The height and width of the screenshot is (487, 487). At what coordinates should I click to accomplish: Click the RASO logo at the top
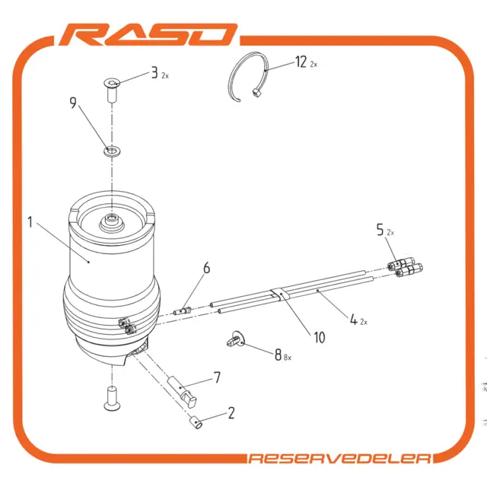(148, 34)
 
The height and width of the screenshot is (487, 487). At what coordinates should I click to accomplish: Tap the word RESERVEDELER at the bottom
(340, 458)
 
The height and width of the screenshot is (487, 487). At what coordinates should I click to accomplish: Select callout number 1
(30, 222)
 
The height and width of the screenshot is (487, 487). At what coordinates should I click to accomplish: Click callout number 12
(301, 62)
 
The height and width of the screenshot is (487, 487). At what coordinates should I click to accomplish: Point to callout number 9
(73, 103)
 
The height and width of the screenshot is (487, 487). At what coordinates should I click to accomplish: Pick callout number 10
(320, 338)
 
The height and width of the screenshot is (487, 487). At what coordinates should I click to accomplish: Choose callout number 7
(217, 377)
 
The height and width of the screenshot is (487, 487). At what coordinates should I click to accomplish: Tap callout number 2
(231, 413)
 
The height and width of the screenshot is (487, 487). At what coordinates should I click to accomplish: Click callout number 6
(206, 268)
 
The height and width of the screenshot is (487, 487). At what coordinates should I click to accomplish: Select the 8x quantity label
(288, 358)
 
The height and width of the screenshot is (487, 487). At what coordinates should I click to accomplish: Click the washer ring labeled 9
(112, 151)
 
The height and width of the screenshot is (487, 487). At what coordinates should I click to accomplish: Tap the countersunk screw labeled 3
(112, 90)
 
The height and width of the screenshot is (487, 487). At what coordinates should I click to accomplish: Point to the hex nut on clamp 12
(256, 93)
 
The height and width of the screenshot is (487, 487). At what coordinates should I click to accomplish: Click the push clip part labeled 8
(236, 339)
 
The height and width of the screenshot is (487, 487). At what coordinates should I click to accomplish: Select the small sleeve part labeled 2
(196, 423)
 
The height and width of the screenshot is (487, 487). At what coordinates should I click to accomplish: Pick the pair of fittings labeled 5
(405, 267)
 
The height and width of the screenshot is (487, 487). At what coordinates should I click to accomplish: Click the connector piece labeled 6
(183, 310)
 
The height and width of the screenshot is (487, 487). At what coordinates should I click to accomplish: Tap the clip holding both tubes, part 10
(280, 294)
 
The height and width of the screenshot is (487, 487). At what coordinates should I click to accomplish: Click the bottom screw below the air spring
(112, 398)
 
